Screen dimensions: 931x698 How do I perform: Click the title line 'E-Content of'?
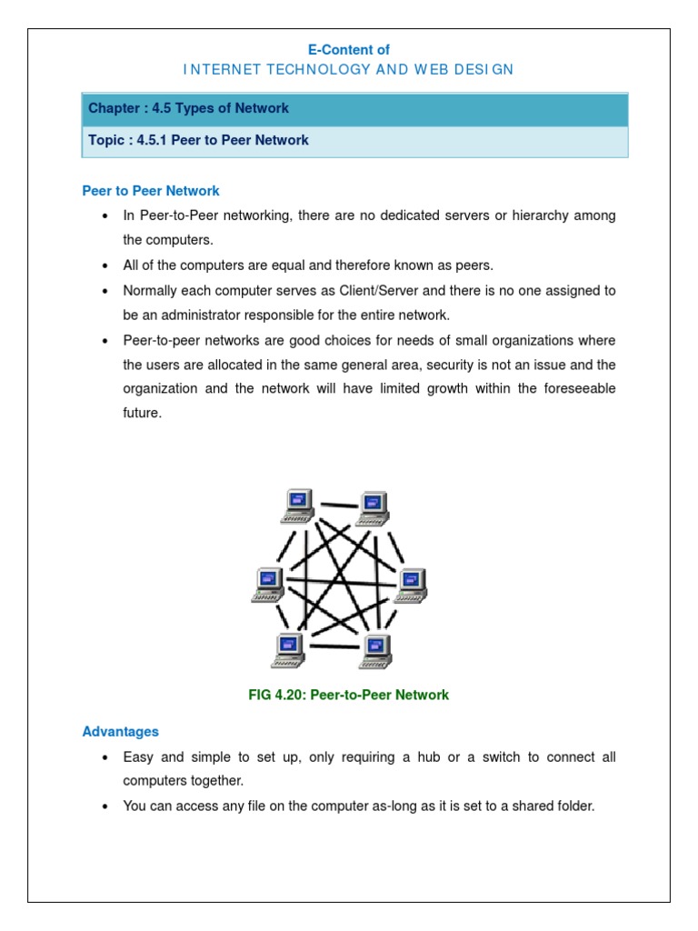[x=349, y=50]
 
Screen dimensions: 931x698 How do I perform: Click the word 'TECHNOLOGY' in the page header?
[x=293, y=70]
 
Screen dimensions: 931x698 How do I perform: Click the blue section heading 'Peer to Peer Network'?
[x=151, y=191]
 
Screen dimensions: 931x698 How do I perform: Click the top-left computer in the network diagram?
[x=299, y=506]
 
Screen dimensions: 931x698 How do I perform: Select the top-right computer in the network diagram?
[x=373, y=507]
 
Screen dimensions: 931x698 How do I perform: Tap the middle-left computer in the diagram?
[x=268, y=585]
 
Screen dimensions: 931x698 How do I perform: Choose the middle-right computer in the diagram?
[x=410, y=586]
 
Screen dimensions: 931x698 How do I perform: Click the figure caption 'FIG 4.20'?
[x=277, y=695]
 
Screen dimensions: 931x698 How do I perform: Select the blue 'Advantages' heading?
[x=120, y=731]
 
